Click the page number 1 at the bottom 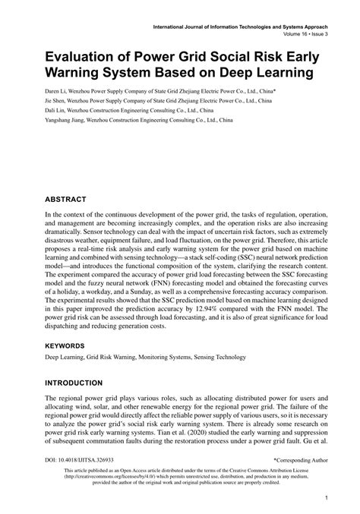coord(325,498)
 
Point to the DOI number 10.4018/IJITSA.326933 coord(80,460)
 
